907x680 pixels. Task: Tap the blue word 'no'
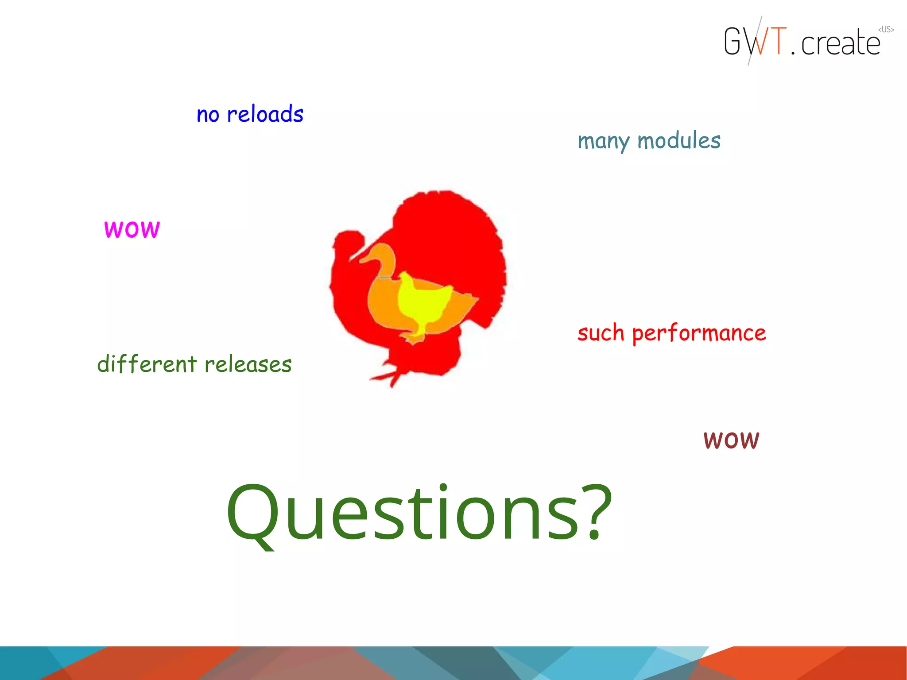(208, 115)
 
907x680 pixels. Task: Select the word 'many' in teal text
(603, 142)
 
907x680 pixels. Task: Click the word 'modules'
(678, 141)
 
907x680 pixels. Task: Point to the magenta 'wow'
(132, 229)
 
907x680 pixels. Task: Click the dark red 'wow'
(731, 440)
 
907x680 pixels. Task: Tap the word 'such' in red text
(601, 333)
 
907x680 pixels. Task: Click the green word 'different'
(147, 364)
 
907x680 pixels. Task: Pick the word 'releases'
(248, 365)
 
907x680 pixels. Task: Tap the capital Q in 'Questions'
(253, 514)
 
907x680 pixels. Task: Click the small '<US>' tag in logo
(886, 30)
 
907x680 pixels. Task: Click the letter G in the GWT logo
(733, 41)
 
